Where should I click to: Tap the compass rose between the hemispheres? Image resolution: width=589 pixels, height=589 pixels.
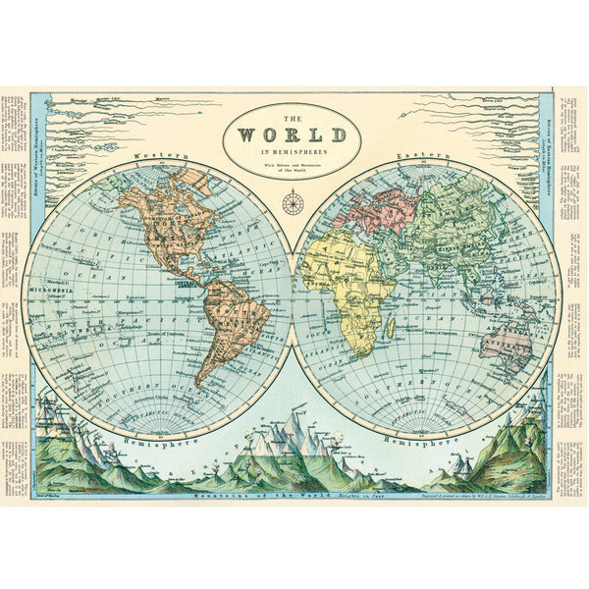[294, 204]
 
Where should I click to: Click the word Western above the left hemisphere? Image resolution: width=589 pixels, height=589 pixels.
[156, 156]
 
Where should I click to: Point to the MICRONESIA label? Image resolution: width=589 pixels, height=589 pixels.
[50, 291]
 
